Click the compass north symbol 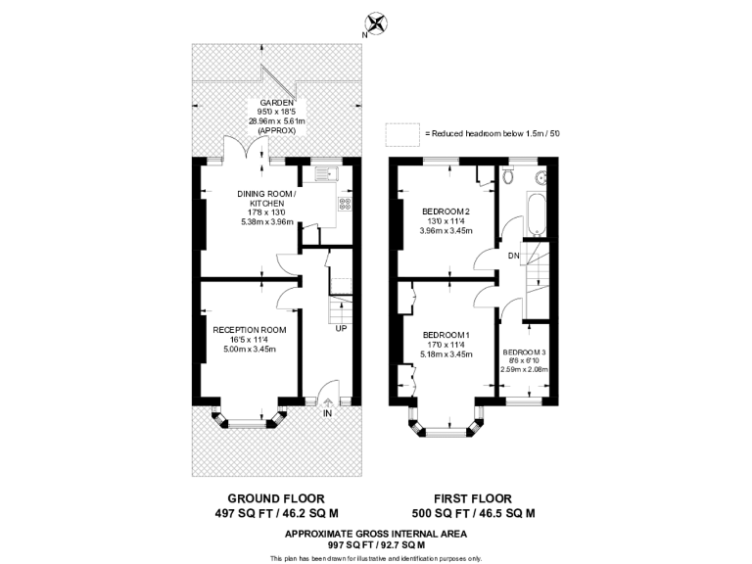[x=374, y=22]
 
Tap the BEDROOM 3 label [x=526, y=352]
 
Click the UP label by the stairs [x=341, y=327]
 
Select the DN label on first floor [x=513, y=257]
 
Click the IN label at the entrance [x=328, y=413]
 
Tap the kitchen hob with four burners [x=345, y=204]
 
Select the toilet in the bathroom [x=506, y=176]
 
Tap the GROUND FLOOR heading [x=276, y=497]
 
